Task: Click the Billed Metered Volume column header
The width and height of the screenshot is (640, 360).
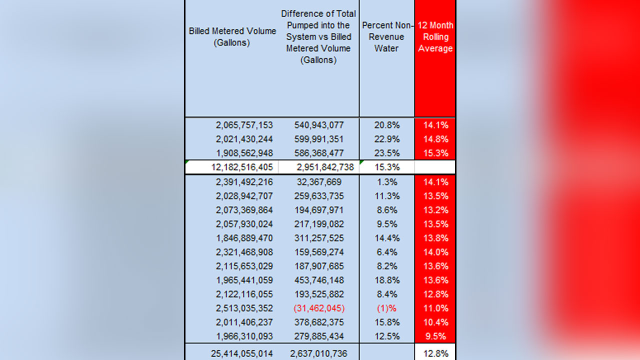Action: coord(232,37)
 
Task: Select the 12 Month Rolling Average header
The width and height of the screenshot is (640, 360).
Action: coord(435,37)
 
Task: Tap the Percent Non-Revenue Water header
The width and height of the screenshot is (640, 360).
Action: coord(386,37)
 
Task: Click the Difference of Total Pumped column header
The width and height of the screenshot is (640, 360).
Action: coord(318,37)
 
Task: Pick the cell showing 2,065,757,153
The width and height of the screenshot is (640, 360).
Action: coord(244,125)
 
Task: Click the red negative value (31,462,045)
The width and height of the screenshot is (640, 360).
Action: coord(319,308)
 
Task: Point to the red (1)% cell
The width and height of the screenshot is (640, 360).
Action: coord(386,308)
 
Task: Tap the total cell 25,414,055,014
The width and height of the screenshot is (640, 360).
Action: coord(242,353)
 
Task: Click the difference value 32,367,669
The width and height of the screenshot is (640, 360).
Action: coord(319,182)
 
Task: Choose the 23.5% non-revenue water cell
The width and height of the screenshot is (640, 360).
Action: coord(386,153)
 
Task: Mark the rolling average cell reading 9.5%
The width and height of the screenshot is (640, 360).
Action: coord(435,336)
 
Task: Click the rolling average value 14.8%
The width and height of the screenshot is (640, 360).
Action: coord(435,139)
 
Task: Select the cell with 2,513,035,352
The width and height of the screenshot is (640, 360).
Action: coord(244,308)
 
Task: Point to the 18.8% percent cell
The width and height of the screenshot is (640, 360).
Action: coord(386,280)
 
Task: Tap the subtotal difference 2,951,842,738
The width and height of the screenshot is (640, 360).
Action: coord(322,167)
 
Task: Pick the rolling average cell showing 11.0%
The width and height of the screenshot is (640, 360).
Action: coord(435,308)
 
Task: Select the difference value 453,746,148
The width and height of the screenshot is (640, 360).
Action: coord(319,280)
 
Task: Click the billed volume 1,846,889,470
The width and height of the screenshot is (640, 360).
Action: coord(244,238)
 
